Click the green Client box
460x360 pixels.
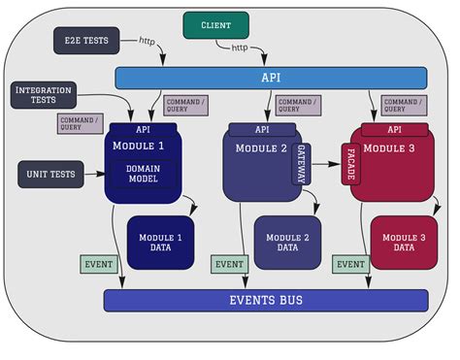click(215, 24)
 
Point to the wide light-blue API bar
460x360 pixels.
click(271, 78)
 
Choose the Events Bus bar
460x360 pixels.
click(265, 300)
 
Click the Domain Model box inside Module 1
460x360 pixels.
click(142, 175)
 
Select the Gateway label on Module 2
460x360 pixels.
click(301, 165)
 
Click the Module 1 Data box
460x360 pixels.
click(160, 242)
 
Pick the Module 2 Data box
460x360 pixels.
click(287, 242)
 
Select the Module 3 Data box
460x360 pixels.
click(403, 242)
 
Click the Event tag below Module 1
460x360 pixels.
click(97, 263)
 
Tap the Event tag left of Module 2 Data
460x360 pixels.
click(228, 263)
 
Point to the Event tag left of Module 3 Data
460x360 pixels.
click(349, 263)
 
